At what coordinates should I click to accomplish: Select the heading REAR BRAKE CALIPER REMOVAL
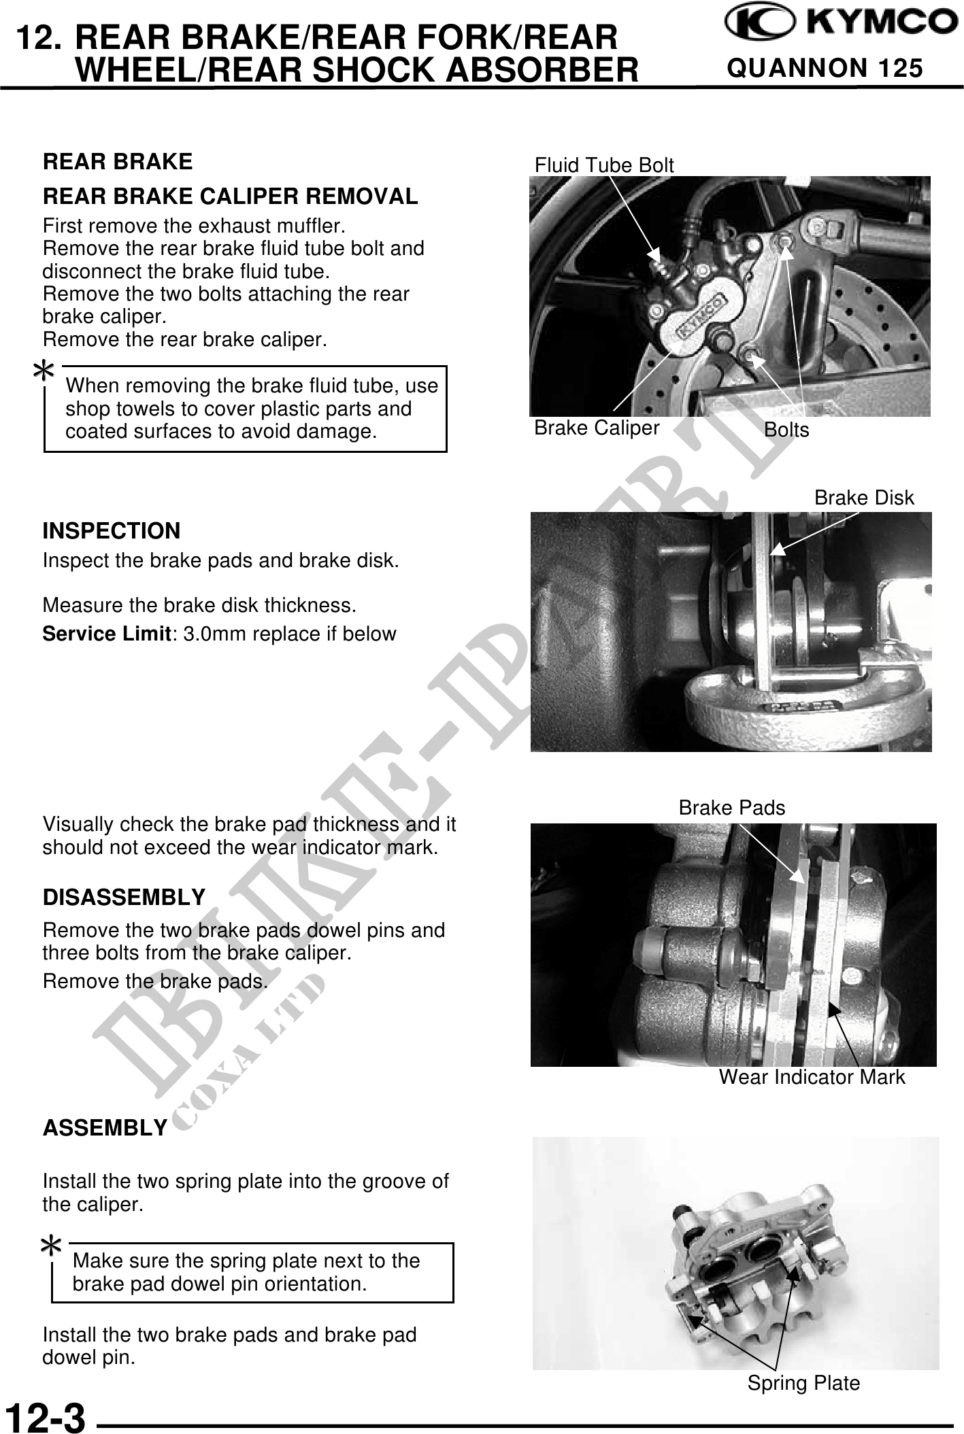tap(230, 197)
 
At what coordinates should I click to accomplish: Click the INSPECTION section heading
tap(112, 530)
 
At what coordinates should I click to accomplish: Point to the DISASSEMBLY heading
tap(124, 898)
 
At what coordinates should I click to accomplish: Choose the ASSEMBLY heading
tap(105, 1128)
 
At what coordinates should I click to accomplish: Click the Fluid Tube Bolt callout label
tap(604, 165)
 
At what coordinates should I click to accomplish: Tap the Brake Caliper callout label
tap(597, 428)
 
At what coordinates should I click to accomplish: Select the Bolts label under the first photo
tap(786, 430)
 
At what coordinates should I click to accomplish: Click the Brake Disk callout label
tap(864, 498)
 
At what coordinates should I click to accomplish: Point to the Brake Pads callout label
tap(732, 808)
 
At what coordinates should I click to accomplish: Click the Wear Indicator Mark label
tap(812, 1077)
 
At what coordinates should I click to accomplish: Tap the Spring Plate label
tap(803, 1383)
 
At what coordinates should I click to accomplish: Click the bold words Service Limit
tap(105, 634)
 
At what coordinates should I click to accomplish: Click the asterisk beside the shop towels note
tap(44, 371)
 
